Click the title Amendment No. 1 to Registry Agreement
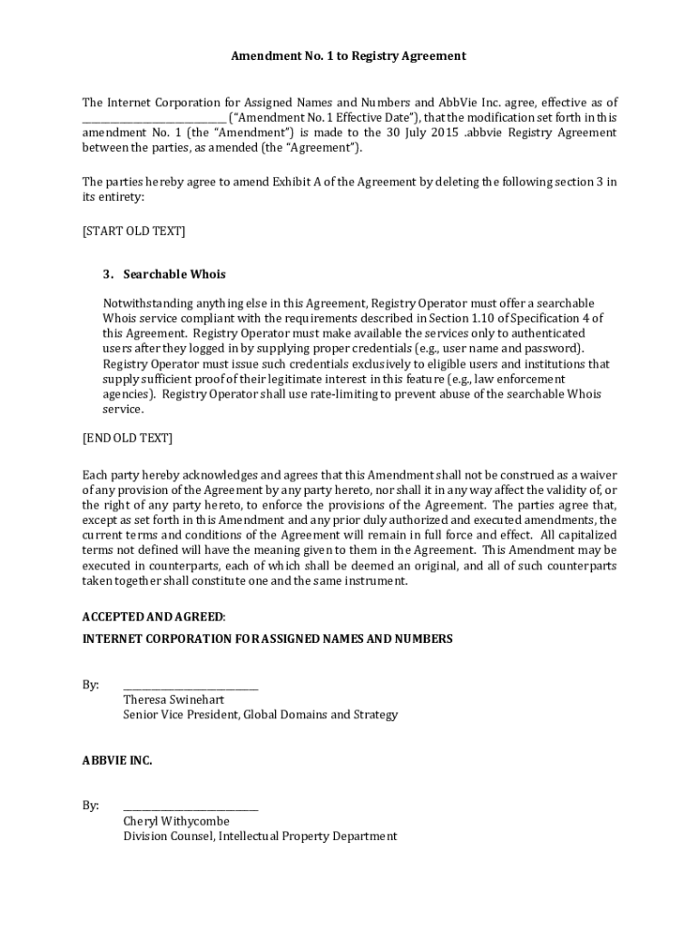(x=349, y=55)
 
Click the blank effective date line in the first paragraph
(x=153, y=118)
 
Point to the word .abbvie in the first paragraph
(x=481, y=133)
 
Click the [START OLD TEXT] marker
(x=133, y=231)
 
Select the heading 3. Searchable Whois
(x=164, y=274)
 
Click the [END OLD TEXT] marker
(x=127, y=438)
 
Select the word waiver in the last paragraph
(x=596, y=475)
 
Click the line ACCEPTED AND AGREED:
(x=153, y=617)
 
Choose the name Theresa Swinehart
(x=173, y=700)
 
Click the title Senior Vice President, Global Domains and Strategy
(x=261, y=715)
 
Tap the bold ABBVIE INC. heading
(x=117, y=760)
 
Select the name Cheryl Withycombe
(x=176, y=822)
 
